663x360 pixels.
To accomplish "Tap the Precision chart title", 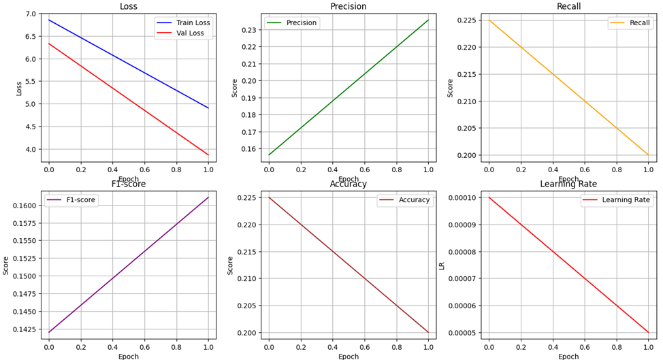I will [x=348, y=6].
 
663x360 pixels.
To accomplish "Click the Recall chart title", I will [x=568, y=6].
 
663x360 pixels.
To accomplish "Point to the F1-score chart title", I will [x=128, y=184].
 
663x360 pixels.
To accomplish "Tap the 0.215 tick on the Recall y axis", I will [x=468, y=74].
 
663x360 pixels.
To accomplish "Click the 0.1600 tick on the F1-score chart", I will [x=25, y=206].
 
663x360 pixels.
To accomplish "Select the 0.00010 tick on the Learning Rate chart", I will [x=463, y=197].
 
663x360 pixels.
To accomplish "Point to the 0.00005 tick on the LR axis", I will [x=463, y=333].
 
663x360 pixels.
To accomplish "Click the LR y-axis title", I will [x=442, y=265].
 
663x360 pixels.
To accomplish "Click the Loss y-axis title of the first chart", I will [x=19, y=88].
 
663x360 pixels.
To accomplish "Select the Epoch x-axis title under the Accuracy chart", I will [x=348, y=356].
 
